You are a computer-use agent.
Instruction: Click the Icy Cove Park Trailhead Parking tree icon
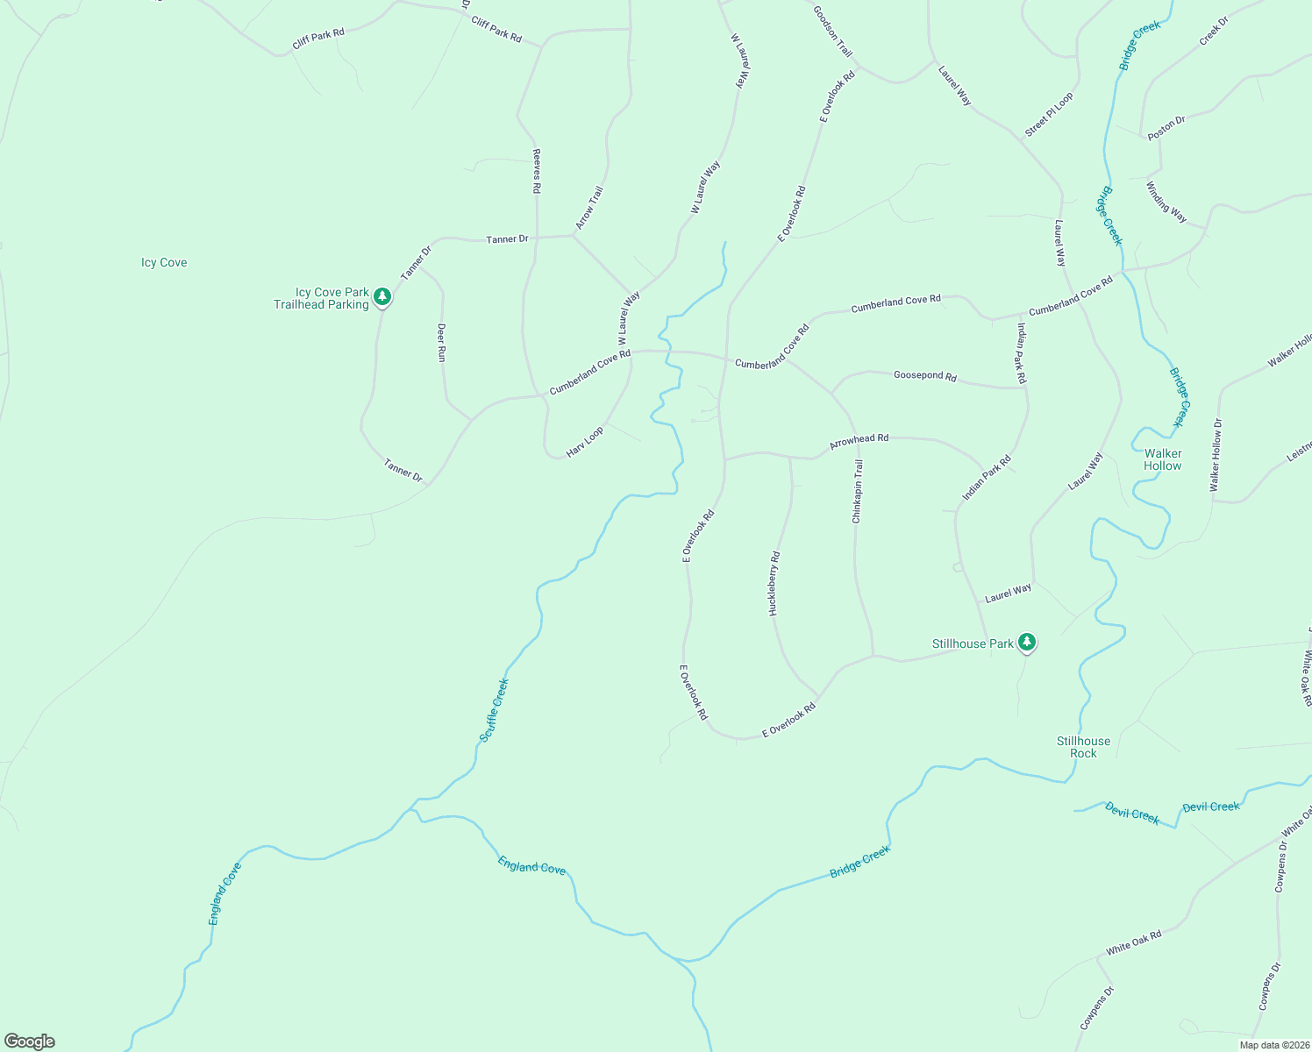click(381, 296)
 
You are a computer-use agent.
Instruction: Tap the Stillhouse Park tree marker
click(1027, 643)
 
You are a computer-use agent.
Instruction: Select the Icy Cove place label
click(164, 262)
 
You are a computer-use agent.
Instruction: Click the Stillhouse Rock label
click(1083, 747)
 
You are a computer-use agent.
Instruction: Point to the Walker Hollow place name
click(1163, 459)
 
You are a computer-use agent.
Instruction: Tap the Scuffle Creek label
click(495, 710)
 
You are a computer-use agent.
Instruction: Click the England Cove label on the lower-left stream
click(225, 894)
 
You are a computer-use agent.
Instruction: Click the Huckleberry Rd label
click(774, 583)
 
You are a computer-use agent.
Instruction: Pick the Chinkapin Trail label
click(858, 491)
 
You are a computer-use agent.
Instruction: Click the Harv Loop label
click(585, 442)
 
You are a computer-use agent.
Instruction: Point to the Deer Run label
click(442, 342)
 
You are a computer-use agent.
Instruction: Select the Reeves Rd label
click(537, 170)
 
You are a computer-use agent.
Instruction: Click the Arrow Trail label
click(589, 208)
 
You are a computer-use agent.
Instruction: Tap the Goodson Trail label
click(832, 32)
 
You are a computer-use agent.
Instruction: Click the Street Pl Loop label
click(1049, 115)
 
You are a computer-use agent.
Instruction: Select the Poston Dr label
click(1166, 128)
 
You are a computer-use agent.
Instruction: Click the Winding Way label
click(1166, 203)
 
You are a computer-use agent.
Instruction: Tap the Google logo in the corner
click(30, 1041)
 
